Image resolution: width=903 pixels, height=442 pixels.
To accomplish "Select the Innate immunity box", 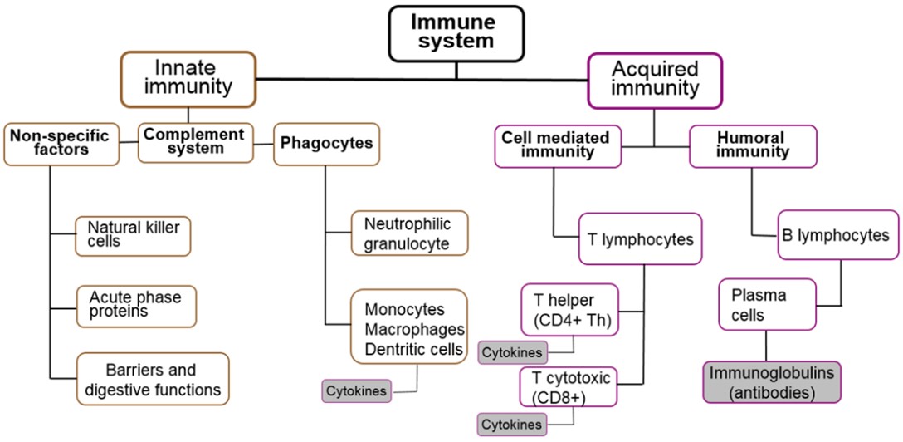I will [x=188, y=79].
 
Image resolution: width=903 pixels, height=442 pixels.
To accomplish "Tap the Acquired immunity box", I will [x=655, y=79].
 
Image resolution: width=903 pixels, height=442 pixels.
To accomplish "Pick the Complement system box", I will [x=194, y=142].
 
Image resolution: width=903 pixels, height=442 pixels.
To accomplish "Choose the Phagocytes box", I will [x=326, y=143].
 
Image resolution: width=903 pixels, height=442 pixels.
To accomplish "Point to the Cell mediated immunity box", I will [x=558, y=145].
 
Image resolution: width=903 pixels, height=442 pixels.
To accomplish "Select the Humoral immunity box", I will [x=753, y=145].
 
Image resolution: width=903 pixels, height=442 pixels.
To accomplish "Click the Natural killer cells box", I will [x=133, y=235].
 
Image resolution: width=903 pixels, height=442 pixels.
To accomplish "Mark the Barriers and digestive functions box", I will [x=153, y=380].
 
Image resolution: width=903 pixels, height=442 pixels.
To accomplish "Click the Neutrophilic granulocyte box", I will [x=409, y=233].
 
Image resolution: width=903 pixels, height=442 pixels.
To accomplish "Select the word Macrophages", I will [x=414, y=329].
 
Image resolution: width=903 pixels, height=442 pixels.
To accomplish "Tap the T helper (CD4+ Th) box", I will [x=569, y=310].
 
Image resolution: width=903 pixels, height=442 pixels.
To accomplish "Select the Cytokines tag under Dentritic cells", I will [x=356, y=390].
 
